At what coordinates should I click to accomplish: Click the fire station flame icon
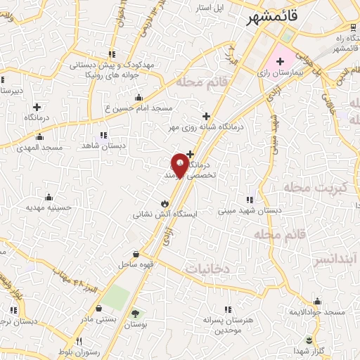[x=163, y=203]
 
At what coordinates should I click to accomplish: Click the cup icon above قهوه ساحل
[x=135, y=253]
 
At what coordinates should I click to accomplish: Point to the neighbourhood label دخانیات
[x=208, y=269]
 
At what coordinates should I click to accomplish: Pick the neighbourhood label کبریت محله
[x=315, y=188]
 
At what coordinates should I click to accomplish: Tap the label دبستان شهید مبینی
[x=249, y=210]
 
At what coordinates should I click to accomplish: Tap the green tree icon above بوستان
[x=135, y=314]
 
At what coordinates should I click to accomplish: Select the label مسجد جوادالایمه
[x=330, y=311]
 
